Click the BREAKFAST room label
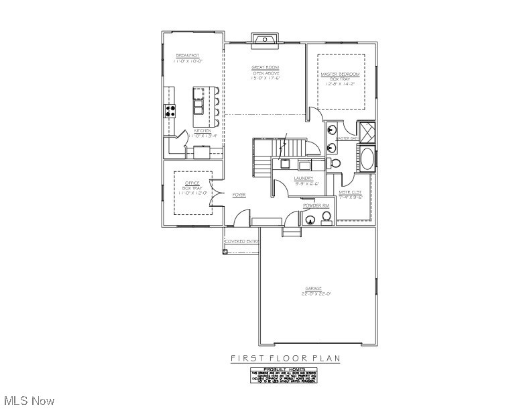(x=188, y=55)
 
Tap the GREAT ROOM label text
(x=265, y=67)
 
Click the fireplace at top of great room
(x=265, y=40)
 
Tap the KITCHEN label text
(x=202, y=131)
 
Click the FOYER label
(x=239, y=195)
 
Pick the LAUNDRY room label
(x=304, y=178)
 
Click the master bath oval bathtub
(x=366, y=160)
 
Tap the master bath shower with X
(x=366, y=130)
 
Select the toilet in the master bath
(x=336, y=163)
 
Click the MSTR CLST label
(x=350, y=192)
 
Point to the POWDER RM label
(x=316, y=205)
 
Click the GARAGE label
(x=314, y=289)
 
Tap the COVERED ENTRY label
(x=241, y=241)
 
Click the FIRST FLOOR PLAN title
(x=286, y=359)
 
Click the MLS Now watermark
(x=27, y=401)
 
